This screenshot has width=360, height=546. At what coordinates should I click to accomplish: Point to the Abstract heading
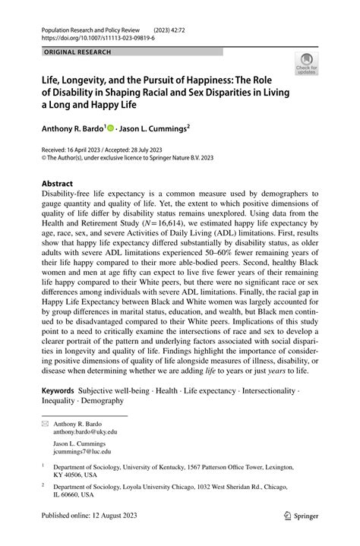[x=58, y=183]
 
